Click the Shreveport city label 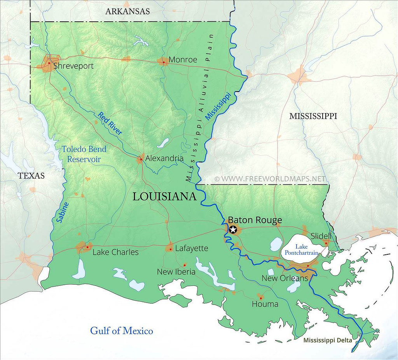click(73, 66)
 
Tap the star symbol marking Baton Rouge click(233, 230)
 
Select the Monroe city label click(183, 60)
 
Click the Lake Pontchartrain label click(302, 250)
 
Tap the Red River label click(110, 123)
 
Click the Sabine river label click(63, 212)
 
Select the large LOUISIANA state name click(164, 197)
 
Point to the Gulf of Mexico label click(122, 331)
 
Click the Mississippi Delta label click(328, 341)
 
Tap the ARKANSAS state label click(127, 11)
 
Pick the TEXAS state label click(31, 176)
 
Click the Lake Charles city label click(115, 252)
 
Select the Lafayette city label click(192, 248)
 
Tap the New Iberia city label click(176, 272)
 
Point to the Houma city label click(265, 304)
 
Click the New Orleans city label click(285, 278)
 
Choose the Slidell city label click(321, 236)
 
